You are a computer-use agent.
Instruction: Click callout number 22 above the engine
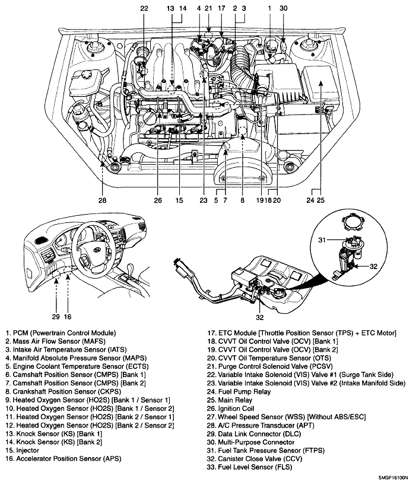(144, 8)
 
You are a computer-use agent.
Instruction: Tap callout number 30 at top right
(283, 8)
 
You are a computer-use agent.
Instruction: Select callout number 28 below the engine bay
(103, 200)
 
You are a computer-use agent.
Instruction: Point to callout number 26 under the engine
(158, 200)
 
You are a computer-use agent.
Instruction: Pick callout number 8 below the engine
(242, 200)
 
